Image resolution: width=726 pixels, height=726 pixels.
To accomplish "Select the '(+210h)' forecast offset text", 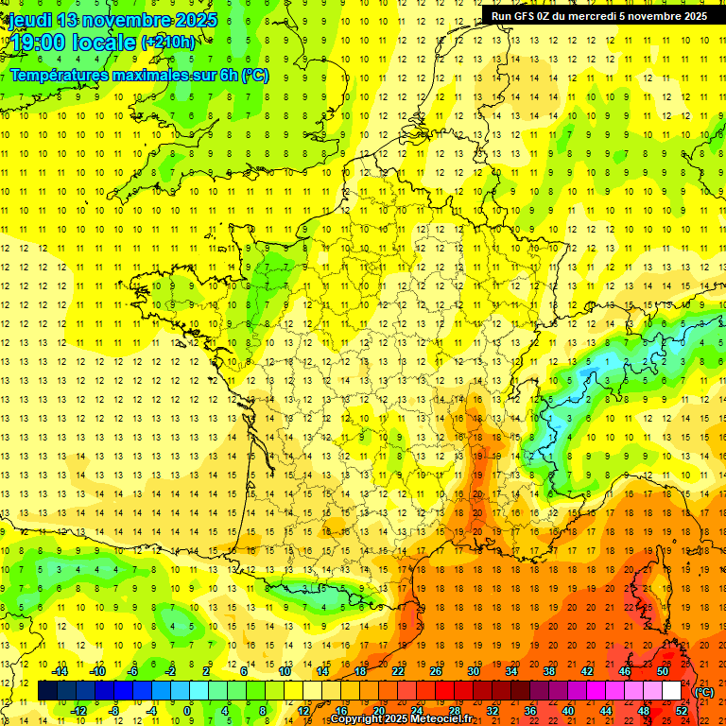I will (x=167, y=42).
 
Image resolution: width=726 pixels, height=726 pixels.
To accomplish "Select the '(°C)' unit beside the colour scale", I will (x=704, y=692).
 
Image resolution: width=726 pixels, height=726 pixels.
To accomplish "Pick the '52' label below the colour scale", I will (x=682, y=710).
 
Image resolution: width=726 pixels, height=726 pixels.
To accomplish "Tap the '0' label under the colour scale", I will (x=187, y=710).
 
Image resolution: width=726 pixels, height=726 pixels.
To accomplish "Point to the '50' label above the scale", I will (x=663, y=671).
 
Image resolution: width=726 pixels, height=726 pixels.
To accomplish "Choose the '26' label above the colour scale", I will (x=436, y=671).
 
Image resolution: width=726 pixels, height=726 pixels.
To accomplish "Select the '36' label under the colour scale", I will (x=530, y=710).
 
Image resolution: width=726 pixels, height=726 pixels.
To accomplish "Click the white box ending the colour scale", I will (x=672, y=691).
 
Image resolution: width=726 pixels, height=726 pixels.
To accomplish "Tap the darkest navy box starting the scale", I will (x=47, y=691).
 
